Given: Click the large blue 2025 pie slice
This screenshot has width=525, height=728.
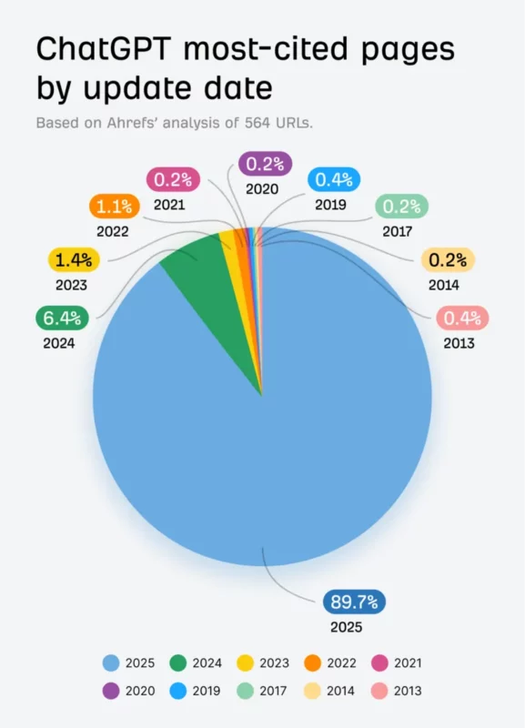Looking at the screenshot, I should [264, 455].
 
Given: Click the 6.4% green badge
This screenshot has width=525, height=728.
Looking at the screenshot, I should [61, 319].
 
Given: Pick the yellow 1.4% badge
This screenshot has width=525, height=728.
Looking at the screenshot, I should [71, 261].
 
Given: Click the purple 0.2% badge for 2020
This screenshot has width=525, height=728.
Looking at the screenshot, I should [264, 164].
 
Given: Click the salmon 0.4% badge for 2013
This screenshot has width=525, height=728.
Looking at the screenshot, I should [461, 318].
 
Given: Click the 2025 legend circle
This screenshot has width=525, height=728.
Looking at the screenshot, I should [112, 664].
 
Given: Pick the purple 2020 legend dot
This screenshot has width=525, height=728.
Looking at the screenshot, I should [112, 691].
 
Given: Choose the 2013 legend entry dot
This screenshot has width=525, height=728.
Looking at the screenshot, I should [380, 691].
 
